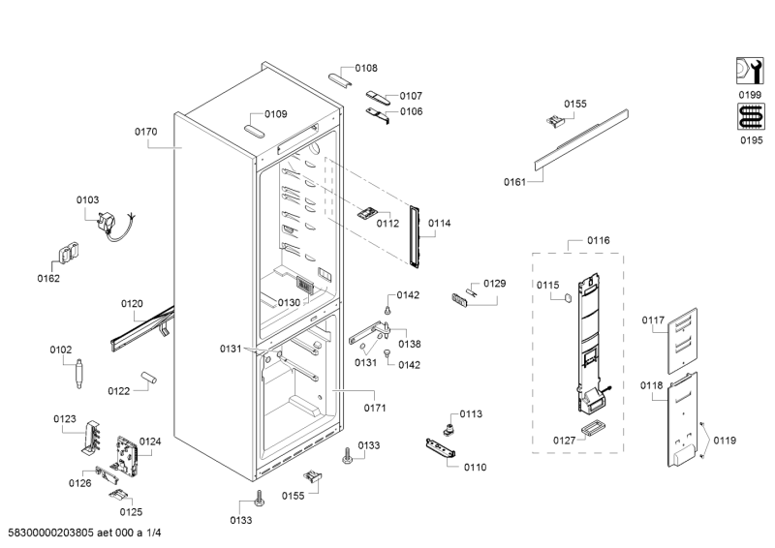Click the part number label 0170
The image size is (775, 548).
tap(146, 132)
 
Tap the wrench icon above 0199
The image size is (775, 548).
tap(748, 73)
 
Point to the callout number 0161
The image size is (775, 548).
tap(514, 181)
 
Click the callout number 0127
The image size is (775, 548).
tap(564, 440)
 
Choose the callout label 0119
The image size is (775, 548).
tap(725, 441)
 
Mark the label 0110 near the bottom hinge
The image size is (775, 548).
tap(475, 467)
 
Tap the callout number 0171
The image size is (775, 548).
tap(375, 408)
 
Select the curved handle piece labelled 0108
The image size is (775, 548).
tap(339, 76)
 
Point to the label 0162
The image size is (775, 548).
tap(47, 279)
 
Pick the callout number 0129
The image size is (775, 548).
tap(494, 284)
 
